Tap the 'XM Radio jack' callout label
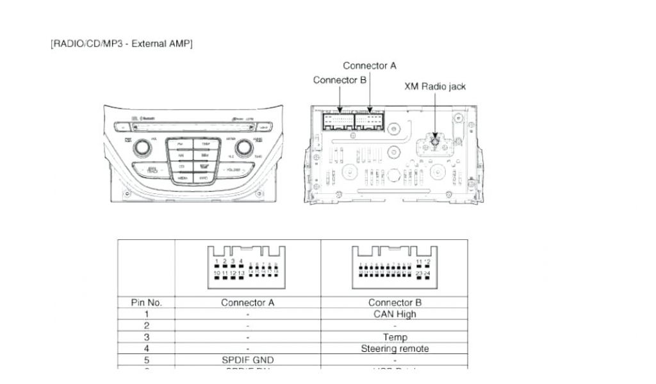435,86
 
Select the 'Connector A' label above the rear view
370,65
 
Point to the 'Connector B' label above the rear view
340,80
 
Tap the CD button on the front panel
181,166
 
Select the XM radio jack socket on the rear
435,142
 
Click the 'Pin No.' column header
146,302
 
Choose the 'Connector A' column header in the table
247,302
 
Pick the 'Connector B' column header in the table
395,302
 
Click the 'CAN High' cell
395,314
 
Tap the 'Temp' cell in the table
395,337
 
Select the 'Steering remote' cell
395,348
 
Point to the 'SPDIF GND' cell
247,360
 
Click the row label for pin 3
146,337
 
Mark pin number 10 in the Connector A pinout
218,274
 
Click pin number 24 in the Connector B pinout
427,274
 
